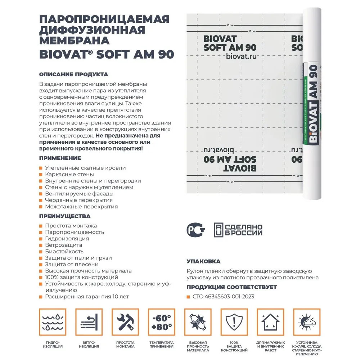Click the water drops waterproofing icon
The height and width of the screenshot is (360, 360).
pos(52,322)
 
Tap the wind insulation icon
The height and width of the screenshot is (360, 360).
pos(89,322)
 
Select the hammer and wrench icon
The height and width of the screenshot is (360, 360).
pos(125,322)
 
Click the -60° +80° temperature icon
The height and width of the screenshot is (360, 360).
pos(161,322)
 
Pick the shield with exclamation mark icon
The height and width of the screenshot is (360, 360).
pos(234,322)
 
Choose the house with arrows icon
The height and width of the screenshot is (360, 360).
pos(270,322)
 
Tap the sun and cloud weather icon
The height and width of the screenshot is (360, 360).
pos(307,322)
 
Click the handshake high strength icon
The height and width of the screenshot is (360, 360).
pos(198,322)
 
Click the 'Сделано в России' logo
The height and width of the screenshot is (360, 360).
pos(238,229)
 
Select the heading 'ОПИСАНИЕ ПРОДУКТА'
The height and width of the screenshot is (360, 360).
pos(73,75)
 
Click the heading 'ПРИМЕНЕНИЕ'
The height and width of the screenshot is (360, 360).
pos(60,158)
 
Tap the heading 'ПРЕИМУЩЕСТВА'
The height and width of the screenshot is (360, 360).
pos(65,216)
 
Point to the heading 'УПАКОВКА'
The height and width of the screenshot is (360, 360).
pos(204,261)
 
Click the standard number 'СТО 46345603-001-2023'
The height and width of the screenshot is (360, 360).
pos(223,297)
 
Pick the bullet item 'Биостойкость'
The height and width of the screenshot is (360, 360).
pos(64,251)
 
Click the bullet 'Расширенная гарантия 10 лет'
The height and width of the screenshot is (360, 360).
pos(87,297)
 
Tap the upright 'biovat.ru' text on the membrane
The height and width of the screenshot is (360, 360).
pos(242,57)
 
